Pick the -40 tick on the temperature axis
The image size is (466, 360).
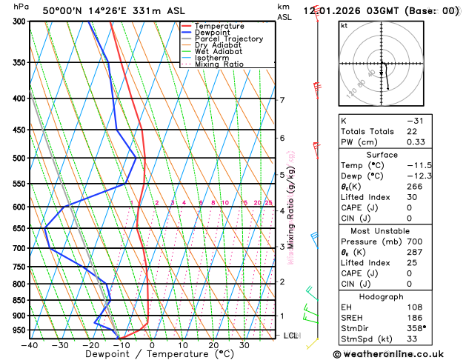30,344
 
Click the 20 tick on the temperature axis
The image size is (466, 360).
213,344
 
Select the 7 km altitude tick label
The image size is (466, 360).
282,100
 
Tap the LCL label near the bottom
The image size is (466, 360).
291,336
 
